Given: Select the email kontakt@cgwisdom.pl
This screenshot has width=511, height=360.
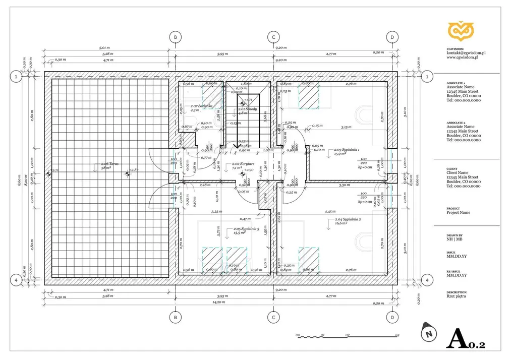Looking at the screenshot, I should click(x=466, y=52).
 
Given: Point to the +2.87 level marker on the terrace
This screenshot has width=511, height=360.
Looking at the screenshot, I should click(x=133, y=171).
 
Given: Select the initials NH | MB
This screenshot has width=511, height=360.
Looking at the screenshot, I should click(x=454, y=239).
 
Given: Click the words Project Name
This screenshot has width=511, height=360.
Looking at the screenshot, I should click(x=458, y=212).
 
